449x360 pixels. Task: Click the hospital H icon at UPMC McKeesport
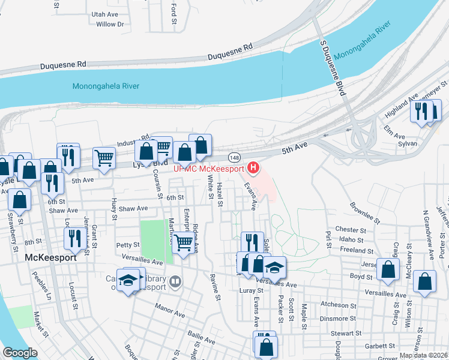point(254,167)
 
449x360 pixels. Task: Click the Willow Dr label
point(110,24)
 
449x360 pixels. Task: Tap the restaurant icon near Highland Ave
point(421,112)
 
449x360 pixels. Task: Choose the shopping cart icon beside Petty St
point(183,242)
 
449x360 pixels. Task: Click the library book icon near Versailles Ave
point(175,280)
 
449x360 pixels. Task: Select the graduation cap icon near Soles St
point(274,266)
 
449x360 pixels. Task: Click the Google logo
point(20,353)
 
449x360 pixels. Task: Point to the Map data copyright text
point(424,356)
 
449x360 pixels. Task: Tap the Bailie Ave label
point(201,336)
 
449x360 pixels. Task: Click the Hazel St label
point(220,196)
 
